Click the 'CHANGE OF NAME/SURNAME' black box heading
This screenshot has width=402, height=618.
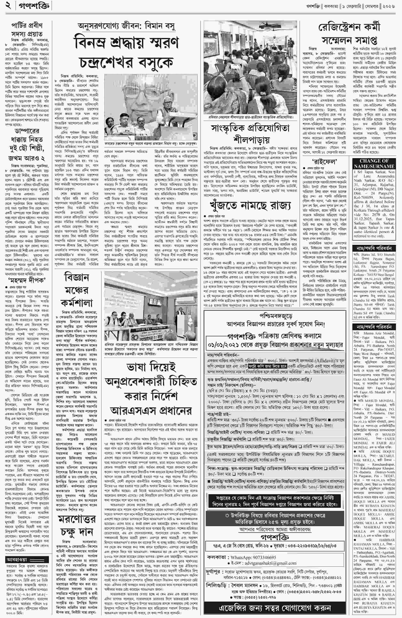[374, 164]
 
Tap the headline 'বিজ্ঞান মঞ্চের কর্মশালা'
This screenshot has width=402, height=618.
[77, 290]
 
